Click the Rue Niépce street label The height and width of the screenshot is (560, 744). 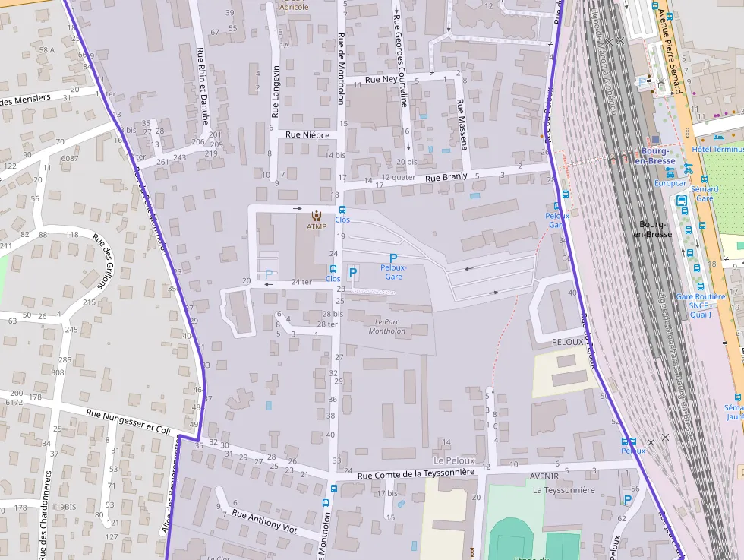307,134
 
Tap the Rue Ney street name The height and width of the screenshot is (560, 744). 382,79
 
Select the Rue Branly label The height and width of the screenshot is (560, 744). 446,178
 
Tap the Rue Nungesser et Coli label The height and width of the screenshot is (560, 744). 128,422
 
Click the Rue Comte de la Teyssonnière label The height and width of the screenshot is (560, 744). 416,473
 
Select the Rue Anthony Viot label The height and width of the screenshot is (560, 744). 264,524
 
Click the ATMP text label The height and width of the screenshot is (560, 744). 317,226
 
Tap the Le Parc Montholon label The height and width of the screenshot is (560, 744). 387,327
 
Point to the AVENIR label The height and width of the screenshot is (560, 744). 544,476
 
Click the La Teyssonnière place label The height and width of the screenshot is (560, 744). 564,490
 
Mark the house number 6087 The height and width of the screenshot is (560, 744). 70,158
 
